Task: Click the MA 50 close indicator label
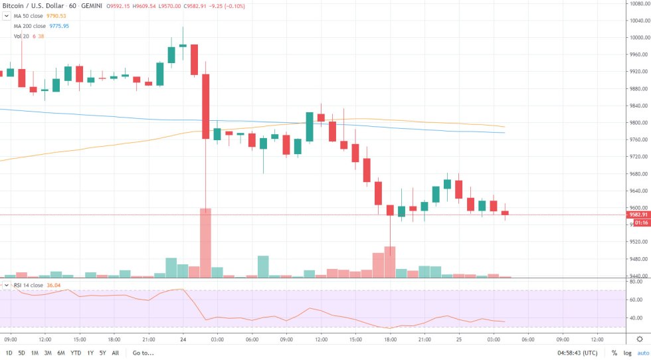tap(30, 16)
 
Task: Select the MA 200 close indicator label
tap(31, 26)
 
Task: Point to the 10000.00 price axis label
tap(638, 37)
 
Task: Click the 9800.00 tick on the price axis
tap(637, 123)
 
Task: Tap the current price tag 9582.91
tap(638, 215)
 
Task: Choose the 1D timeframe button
tap(9, 353)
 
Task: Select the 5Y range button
tap(103, 353)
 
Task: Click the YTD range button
tap(75, 353)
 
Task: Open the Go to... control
tap(143, 353)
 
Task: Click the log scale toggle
tap(626, 353)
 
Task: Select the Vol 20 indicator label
tap(21, 36)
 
